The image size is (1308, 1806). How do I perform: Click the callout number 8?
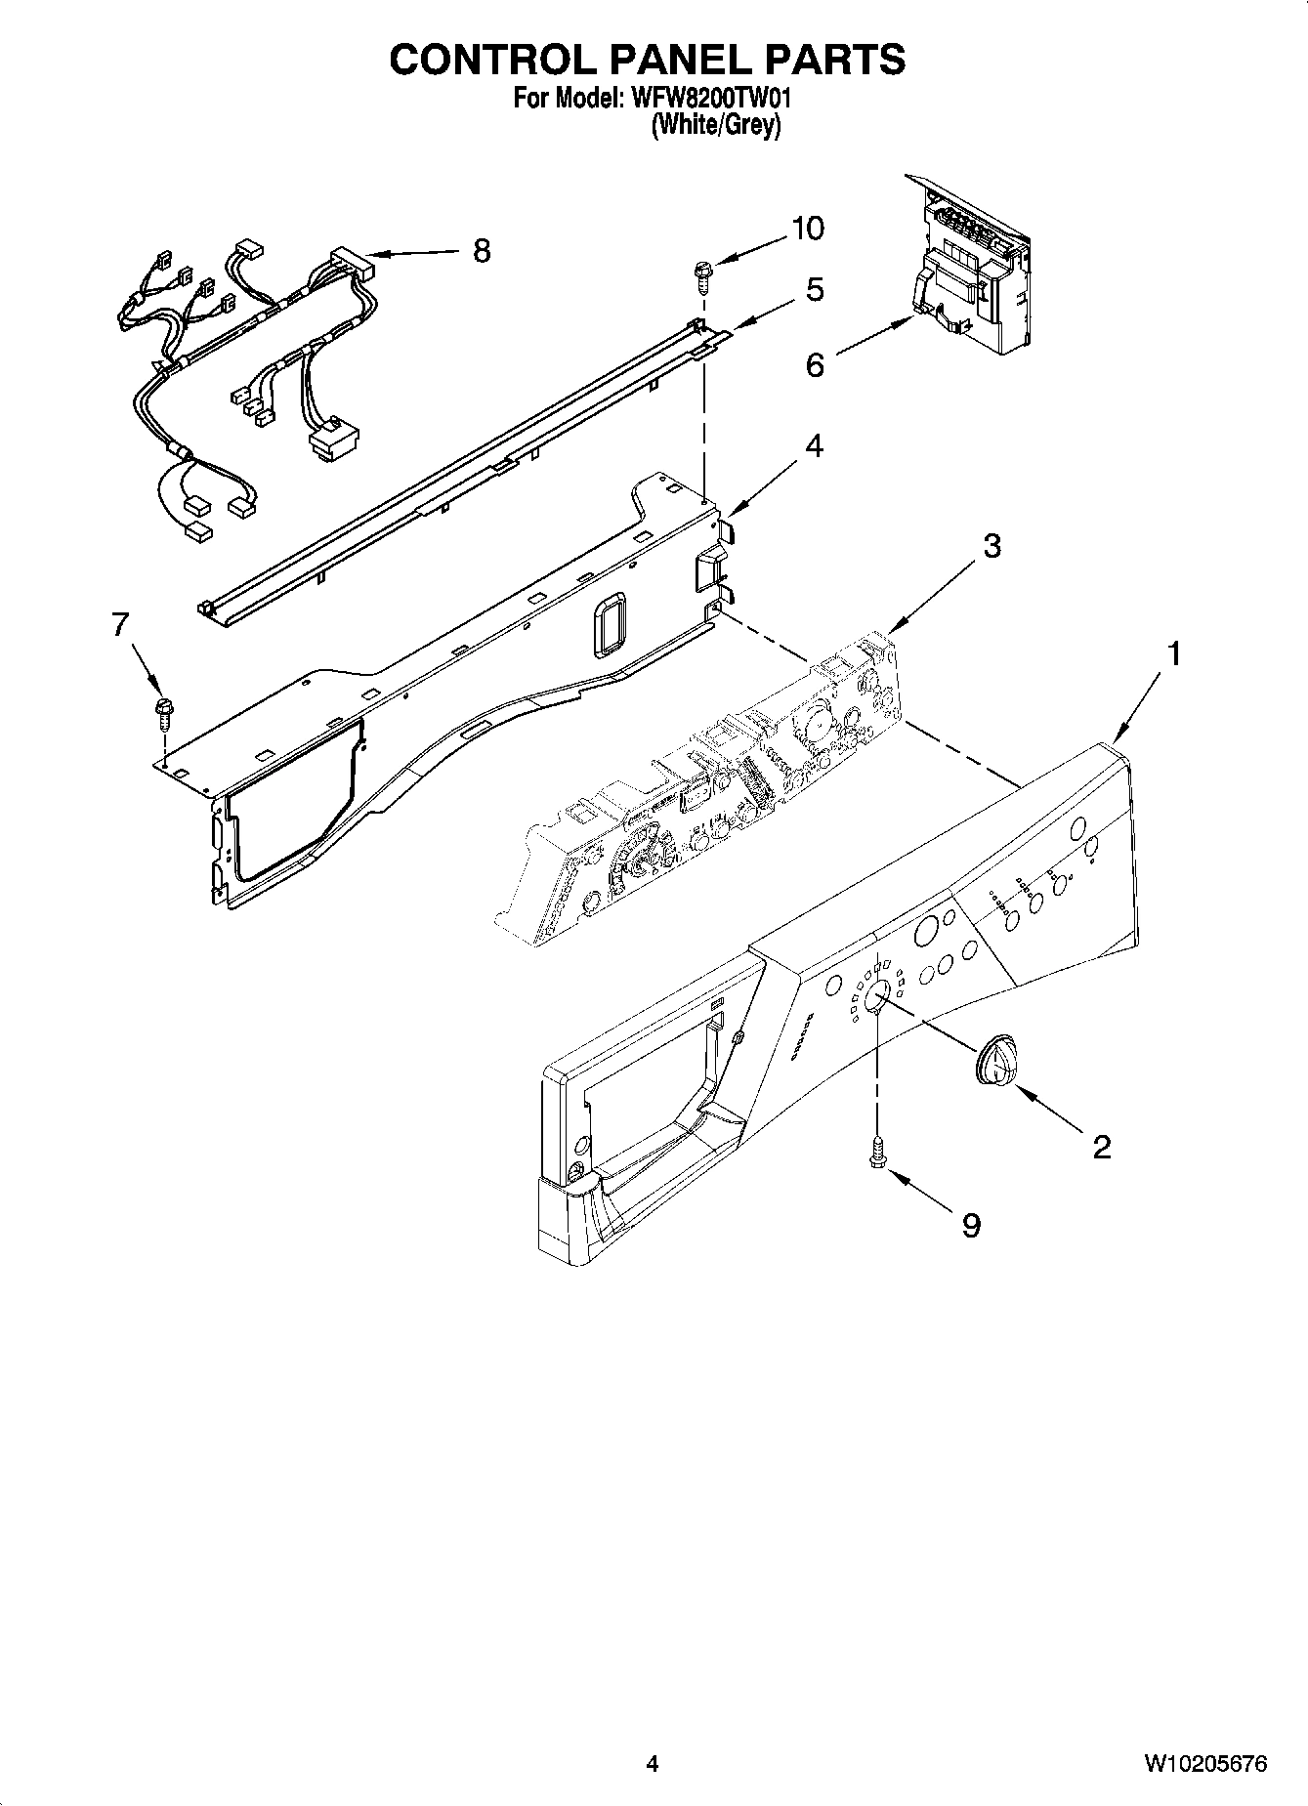[481, 251]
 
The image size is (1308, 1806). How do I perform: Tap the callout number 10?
[807, 228]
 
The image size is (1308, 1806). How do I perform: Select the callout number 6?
[815, 365]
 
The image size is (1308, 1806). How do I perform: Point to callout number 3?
[992, 545]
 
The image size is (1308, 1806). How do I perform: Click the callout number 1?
[1174, 653]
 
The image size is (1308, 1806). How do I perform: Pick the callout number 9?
[971, 1225]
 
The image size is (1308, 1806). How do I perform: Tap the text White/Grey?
[716, 125]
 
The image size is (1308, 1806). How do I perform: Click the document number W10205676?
[1205, 1763]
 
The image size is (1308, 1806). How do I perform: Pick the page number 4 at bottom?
[653, 1763]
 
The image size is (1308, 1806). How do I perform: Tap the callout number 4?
[813, 446]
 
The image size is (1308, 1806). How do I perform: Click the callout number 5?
[814, 289]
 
